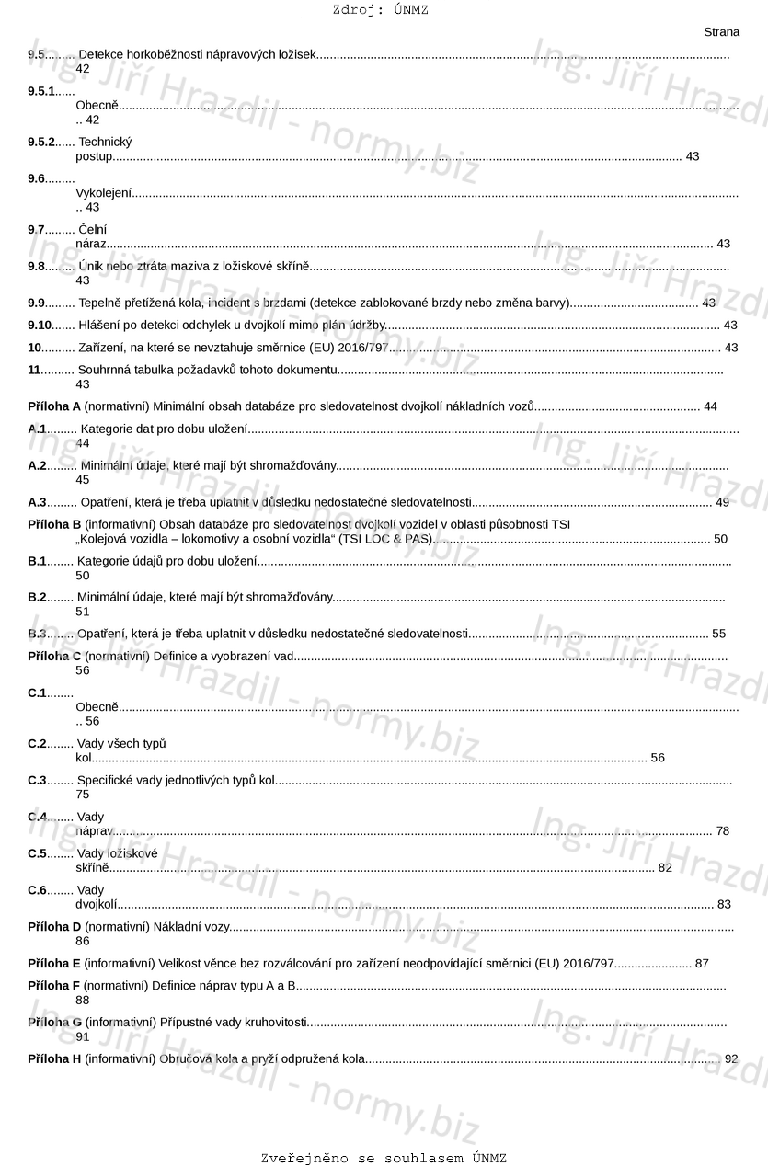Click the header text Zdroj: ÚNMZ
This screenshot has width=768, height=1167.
(380, 10)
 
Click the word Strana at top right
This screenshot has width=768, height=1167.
(721, 32)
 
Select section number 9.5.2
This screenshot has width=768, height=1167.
(41, 142)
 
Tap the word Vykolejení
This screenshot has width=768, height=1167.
(103, 193)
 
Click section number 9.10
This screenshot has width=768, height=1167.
(40, 325)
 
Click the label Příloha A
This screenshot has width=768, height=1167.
(54, 406)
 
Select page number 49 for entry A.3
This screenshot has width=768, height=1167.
(722, 502)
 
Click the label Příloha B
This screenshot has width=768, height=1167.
(54, 524)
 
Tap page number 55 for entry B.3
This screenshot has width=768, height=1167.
(718, 634)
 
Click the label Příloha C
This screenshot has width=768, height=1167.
(54, 656)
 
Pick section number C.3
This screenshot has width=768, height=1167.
(37, 780)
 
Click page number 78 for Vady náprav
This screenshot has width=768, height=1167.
(722, 831)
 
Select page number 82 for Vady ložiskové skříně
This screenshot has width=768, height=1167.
(665, 867)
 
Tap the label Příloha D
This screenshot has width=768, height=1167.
(54, 927)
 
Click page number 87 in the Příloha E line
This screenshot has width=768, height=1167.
(702, 963)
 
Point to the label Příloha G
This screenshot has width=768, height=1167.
(54, 1022)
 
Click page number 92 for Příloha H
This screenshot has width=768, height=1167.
(731, 1058)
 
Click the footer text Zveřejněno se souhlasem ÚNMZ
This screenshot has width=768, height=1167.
(384, 1158)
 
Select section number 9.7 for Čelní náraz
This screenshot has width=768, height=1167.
(36, 229)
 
